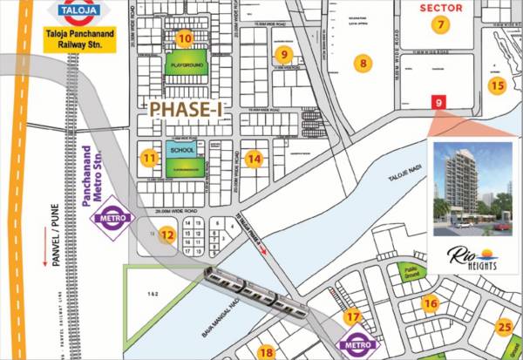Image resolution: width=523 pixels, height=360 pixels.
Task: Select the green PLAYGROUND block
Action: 186,65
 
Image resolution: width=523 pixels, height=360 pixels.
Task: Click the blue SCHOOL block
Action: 182,149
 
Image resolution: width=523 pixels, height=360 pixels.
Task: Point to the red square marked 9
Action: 438,102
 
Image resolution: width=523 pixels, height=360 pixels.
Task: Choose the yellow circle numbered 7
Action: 443,24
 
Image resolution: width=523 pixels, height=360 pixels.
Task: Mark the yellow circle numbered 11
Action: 150,159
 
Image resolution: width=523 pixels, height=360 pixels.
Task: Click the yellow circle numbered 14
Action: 254,159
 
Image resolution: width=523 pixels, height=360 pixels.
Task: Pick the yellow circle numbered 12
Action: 166,234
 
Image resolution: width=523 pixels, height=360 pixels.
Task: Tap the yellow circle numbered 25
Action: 504,328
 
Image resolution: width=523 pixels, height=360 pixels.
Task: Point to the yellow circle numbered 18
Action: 266,352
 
